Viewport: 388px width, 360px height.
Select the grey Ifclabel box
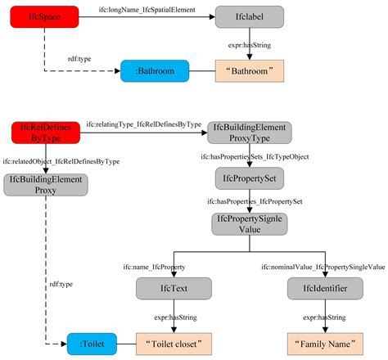coord(250,16)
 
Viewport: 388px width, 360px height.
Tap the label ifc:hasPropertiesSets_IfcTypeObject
coord(255,155)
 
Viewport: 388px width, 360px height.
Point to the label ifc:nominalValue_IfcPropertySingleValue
coord(323,268)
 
